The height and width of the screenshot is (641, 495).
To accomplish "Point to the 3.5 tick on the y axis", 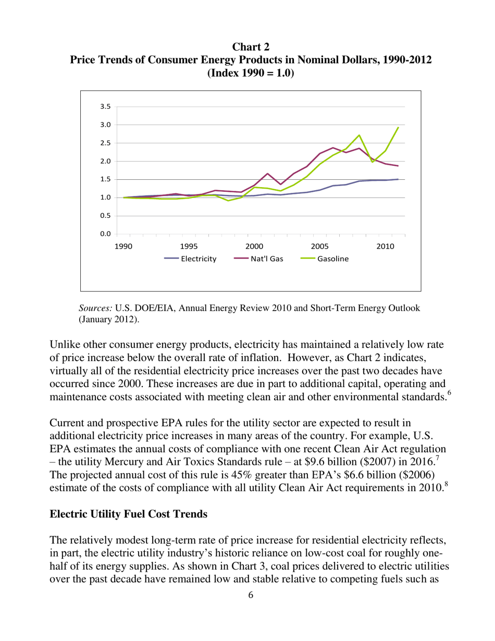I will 105,106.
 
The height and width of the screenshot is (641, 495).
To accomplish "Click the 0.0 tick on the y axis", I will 105,234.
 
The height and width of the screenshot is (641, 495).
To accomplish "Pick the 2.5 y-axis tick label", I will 105,143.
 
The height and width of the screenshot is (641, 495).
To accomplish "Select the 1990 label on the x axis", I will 123,245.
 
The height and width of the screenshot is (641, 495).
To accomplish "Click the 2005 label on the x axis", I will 319,245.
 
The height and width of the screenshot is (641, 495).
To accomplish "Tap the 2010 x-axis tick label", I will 385,245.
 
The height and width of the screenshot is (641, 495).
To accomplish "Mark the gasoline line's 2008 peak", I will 359,135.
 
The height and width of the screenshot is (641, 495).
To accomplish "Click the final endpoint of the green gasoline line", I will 399,127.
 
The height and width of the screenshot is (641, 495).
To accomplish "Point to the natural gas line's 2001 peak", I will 267,174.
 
